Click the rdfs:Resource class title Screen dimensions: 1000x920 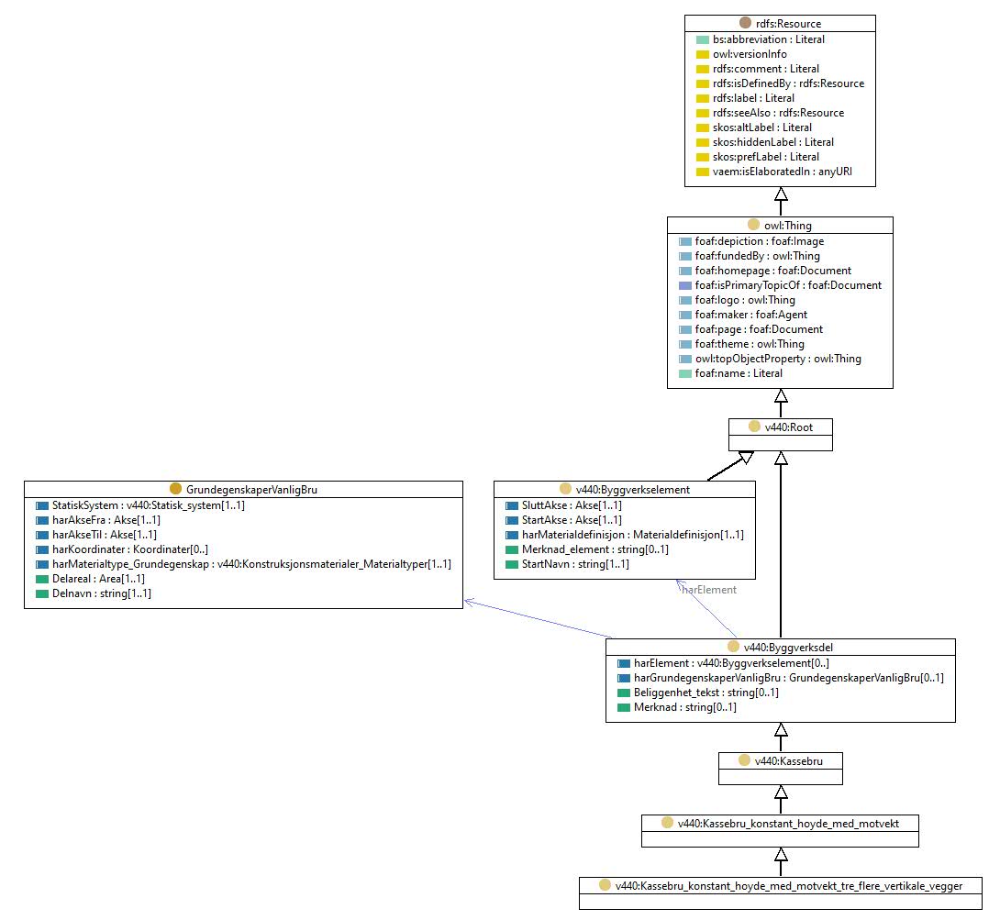[788, 24]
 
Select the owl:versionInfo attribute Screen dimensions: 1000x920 [750, 54]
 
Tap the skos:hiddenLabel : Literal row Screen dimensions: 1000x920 [773, 142]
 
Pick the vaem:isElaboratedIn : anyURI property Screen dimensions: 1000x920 [782, 172]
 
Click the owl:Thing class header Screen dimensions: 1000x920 [788, 226]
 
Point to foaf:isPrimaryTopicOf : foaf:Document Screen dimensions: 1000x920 [788, 285]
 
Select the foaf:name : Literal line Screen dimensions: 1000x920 [739, 373]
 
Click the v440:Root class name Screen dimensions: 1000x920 [789, 427]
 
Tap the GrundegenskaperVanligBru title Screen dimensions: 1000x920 [251, 490]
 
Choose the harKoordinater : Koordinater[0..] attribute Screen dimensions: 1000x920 [130, 549]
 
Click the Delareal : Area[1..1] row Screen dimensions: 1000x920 [98, 579]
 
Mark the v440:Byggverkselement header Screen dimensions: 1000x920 [633, 490]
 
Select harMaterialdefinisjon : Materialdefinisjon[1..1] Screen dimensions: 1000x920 [633, 535]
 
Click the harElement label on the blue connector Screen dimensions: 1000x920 [709, 590]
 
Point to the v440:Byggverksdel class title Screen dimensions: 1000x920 [788, 648]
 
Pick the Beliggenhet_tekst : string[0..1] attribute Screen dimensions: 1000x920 [706, 693]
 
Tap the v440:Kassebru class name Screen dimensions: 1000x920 [788, 761]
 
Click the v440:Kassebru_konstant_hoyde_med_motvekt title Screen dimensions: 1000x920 [788, 824]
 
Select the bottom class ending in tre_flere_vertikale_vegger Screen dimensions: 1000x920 [789, 886]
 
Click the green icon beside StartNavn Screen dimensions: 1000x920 [512, 565]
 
